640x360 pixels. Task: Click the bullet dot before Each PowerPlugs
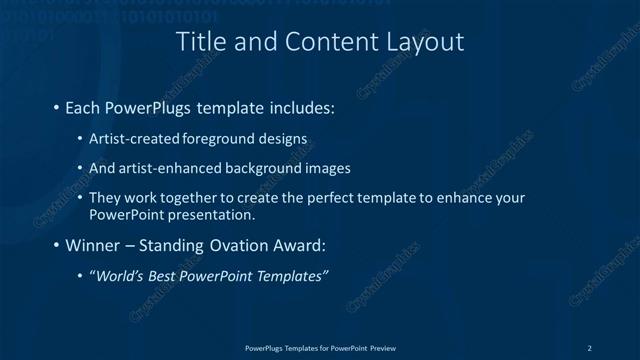[x=56, y=106]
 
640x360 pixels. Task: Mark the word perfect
[x=312, y=198]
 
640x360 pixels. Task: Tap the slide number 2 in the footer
[x=590, y=347]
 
